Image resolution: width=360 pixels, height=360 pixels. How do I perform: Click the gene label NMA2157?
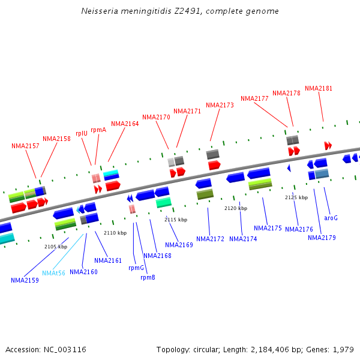tap(25, 146)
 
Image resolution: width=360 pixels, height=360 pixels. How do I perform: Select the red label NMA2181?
tap(319, 88)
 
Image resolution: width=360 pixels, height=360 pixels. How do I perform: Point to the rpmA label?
tap(98, 129)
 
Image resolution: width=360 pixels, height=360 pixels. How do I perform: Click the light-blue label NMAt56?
tap(53, 273)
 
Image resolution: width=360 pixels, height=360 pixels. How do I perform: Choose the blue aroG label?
tap(331, 218)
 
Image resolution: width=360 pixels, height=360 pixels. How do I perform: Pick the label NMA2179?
tap(322, 238)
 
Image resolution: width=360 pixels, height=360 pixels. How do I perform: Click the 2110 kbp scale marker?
tap(115, 233)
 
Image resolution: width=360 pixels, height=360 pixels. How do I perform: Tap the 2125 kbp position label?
tap(296, 197)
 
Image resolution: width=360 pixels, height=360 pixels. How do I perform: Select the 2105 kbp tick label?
tap(56, 246)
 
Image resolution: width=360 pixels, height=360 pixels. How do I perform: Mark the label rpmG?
tap(136, 268)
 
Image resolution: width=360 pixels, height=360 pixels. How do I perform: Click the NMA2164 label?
tap(125, 124)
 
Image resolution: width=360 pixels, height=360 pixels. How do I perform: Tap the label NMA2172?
tap(210, 239)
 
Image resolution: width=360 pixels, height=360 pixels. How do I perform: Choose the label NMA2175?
tap(268, 228)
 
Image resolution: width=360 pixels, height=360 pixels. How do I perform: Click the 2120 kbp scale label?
tap(236, 208)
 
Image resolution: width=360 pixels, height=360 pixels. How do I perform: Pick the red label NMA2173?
tap(220, 105)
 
